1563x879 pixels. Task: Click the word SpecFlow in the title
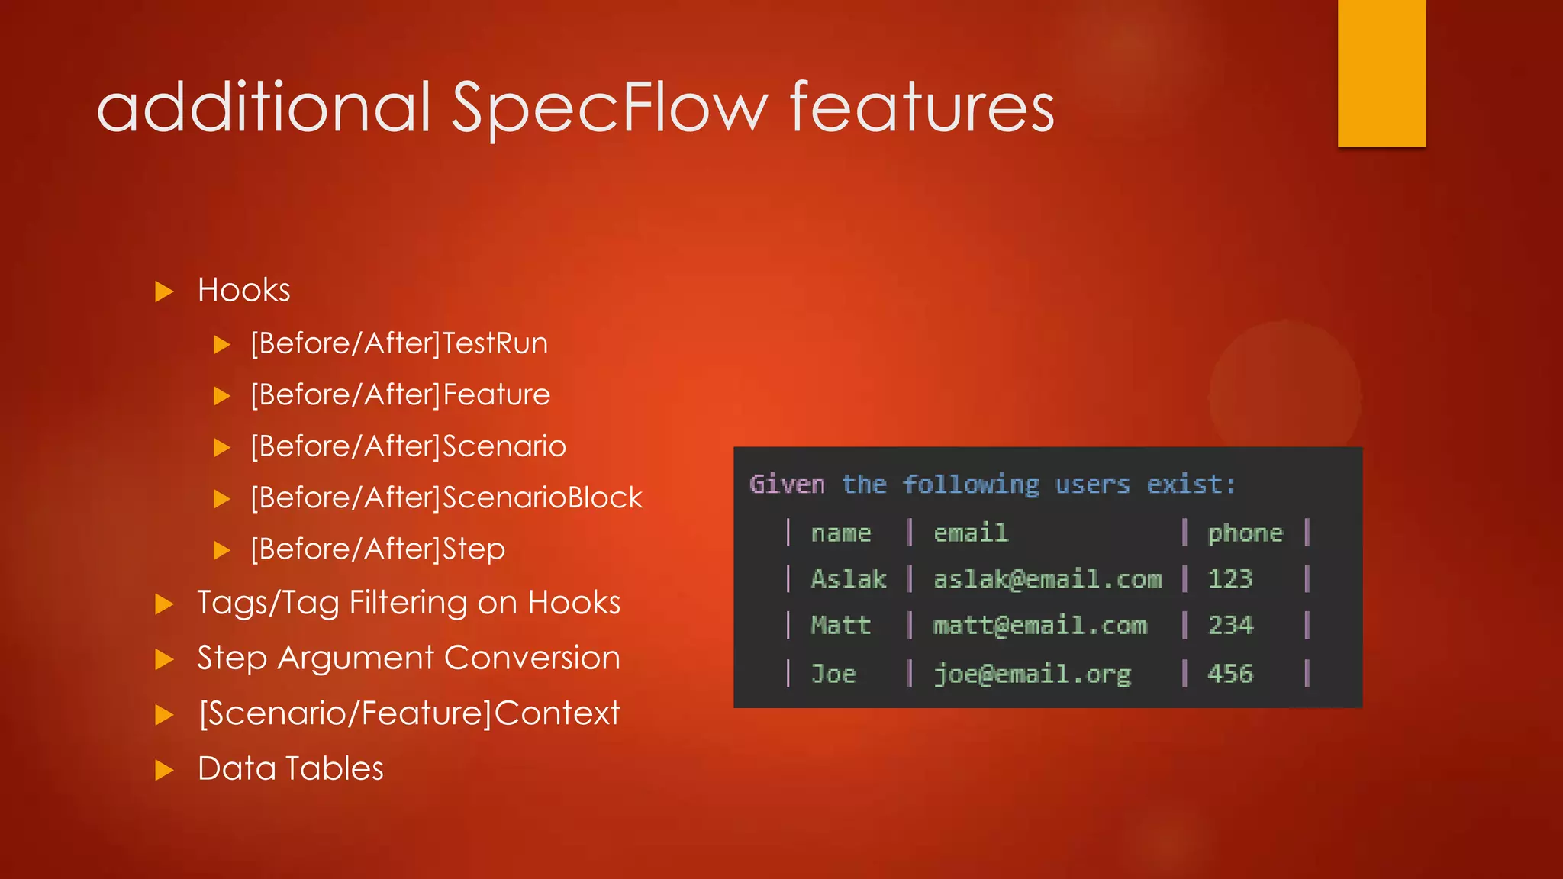(609, 108)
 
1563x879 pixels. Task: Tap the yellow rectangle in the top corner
(1381, 72)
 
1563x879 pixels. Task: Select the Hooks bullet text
(243, 291)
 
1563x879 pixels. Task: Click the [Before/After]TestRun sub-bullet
(399, 343)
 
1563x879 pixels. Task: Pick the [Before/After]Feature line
(400, 395)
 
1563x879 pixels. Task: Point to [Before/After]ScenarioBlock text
(446, 498)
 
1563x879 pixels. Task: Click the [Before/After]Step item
(378, 549)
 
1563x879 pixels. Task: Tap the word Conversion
(532, 658)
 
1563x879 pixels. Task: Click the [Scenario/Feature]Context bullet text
(409, 713)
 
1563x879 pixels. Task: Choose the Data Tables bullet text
(290, 768)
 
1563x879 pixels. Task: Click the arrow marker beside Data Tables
(164, 770)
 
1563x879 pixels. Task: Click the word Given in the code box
(787, 485)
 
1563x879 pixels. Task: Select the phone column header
(1245, 533)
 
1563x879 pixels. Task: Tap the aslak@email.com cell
(1047, 579)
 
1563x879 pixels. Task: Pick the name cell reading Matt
(840, 626)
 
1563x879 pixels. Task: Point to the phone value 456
(1229, 674)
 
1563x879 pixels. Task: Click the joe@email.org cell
(1032, 674)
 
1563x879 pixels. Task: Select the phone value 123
(1229, 579)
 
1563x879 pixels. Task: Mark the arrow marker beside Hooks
(164, 291)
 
